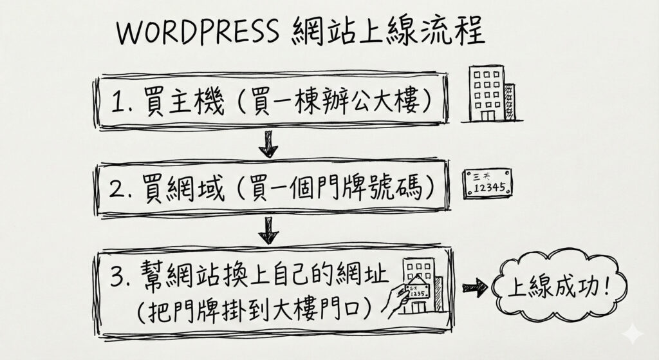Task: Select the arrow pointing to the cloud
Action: point(474,288)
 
